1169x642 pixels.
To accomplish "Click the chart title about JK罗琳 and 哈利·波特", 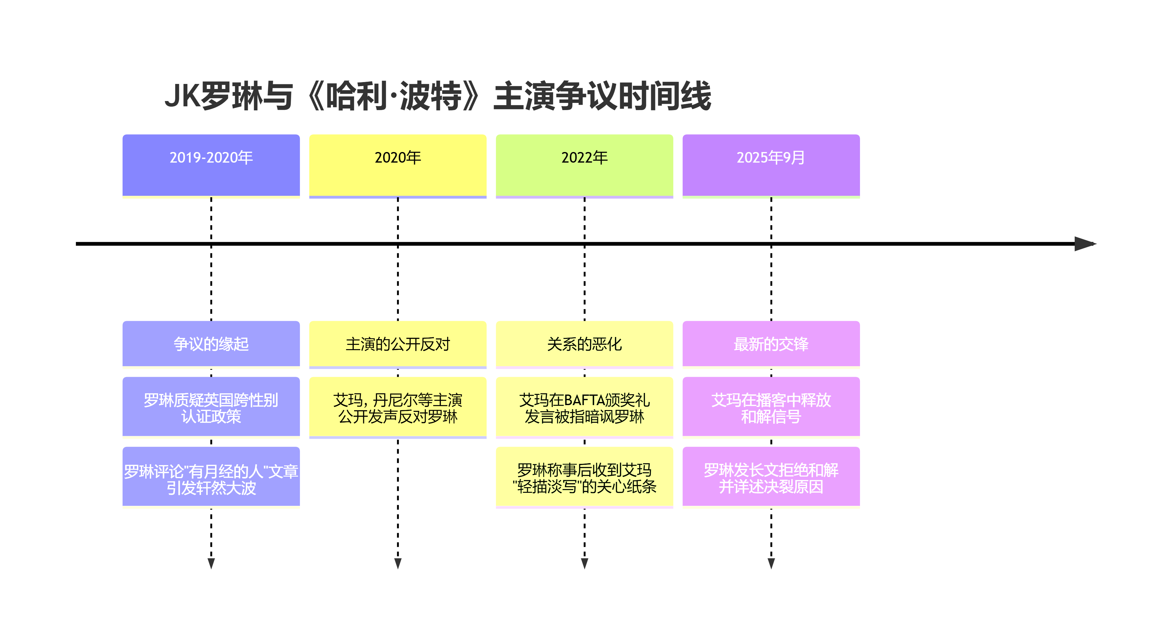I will (x=437, y=96).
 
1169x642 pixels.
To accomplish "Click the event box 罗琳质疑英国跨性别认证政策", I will (x=211, y=407).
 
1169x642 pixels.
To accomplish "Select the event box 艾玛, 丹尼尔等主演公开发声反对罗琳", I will (x=398, y=407).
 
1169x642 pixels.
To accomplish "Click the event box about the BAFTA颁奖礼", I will (x=584, y=407).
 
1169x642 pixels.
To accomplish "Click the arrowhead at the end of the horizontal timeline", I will (x=1086, y=244).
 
